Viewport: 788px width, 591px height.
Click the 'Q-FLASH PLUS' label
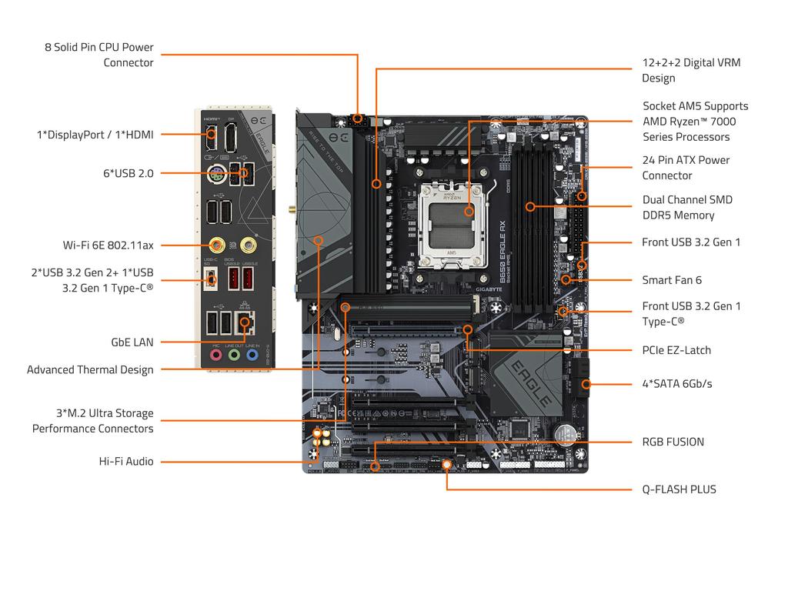click(x=679, y=489)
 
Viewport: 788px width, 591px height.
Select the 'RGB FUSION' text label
click(x=673, y=442)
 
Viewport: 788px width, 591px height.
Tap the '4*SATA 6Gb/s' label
click(x=677, y=383)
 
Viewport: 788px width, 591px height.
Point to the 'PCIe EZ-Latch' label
click(x=676, y=350)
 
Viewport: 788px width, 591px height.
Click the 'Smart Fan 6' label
click(x=672, y=280)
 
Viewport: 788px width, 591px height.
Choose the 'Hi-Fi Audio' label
click(x=126, y=462)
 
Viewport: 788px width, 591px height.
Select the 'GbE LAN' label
click(x=132, y=342)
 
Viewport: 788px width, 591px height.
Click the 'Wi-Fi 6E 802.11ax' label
click(x=109, y=245)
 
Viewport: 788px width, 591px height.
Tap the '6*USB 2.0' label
click(x=129, y=174)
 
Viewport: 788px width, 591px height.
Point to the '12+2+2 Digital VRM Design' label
click(x=691, y=70)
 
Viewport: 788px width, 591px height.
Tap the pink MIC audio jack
click(x=216, y=356)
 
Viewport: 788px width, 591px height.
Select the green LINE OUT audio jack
click(x=234, y=356)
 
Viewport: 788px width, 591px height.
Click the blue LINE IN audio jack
click(x=251, y=356)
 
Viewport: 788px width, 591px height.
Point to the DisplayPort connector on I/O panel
click(x=231, y=139)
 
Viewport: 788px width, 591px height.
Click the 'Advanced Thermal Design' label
click(x=90, y=370)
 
